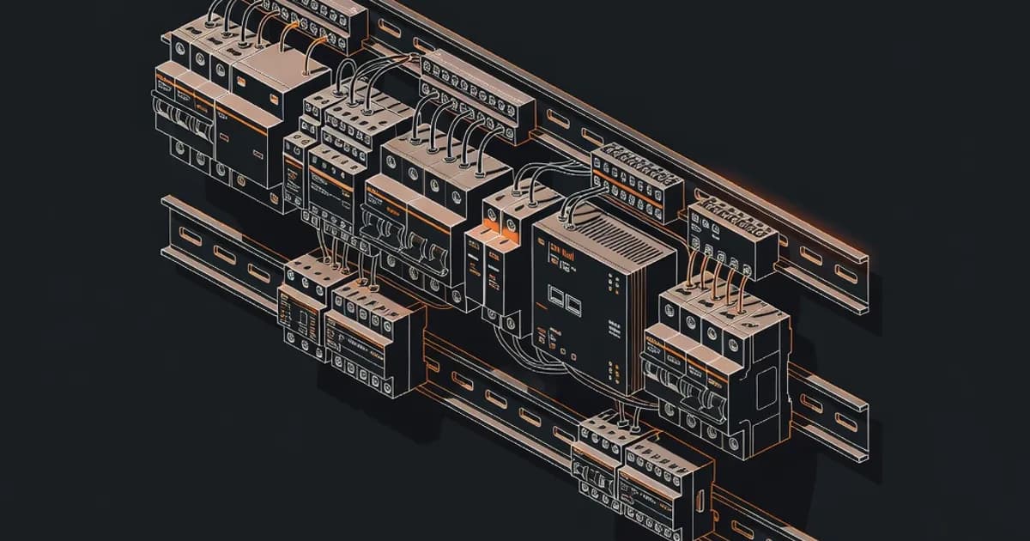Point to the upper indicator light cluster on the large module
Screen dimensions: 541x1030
pos(611,280)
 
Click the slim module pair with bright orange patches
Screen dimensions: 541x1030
pos(496,258)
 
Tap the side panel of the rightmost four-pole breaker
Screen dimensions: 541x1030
pos(766,378)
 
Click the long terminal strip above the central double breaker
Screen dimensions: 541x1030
pos(476,94)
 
